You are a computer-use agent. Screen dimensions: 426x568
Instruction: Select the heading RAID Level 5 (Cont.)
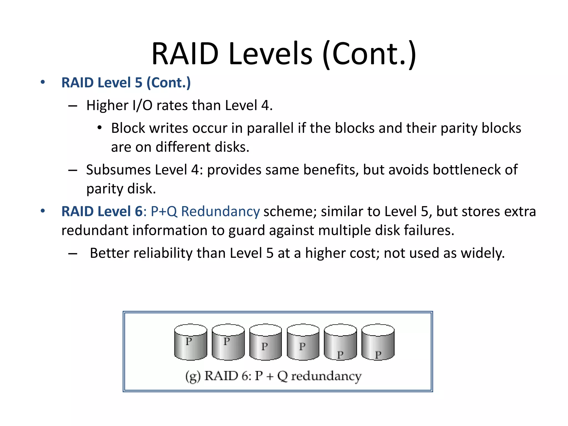[x=126, y=83]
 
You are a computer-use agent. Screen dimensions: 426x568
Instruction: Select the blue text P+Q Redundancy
[x=205, y=211]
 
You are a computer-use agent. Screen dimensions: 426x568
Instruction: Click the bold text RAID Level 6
[x=102, y=211]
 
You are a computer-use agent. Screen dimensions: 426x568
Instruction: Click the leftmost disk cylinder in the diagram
[x=191, y=342]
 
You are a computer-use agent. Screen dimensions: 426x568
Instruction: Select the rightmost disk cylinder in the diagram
[x=378, y=342]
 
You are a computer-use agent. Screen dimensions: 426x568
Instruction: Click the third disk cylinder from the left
[x=265, y=342]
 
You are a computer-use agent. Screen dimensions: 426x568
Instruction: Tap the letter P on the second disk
[x=227, y=341]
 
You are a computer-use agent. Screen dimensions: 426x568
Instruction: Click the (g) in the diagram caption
[x=193, y=376]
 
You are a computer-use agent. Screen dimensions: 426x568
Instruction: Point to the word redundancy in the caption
[x=326, y=376]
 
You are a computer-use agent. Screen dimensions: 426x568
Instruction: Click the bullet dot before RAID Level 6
[x=42, y=211]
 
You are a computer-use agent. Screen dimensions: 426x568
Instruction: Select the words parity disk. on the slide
[x=121, y=189]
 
